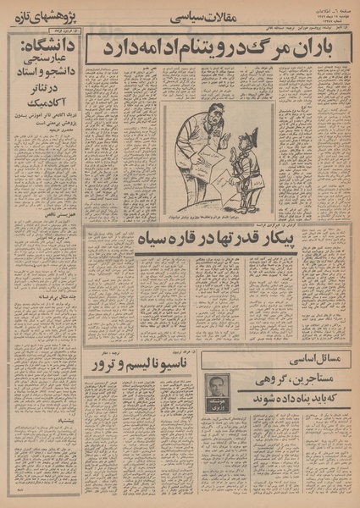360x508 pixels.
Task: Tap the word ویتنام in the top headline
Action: click(x=219, y=48)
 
